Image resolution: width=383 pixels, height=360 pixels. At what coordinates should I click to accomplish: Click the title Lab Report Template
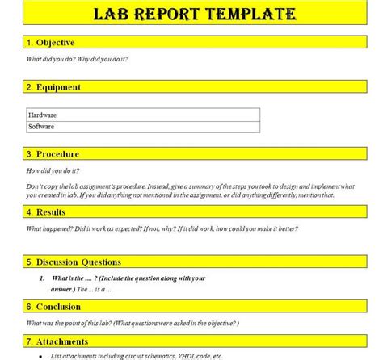tap(193, 14)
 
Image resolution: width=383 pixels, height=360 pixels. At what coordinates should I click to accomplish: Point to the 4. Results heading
tap(46, 212)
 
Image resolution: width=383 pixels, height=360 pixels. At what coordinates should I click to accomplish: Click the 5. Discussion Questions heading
tap(74, 262)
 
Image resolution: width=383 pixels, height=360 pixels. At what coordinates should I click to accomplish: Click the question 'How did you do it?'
tap(53, 171)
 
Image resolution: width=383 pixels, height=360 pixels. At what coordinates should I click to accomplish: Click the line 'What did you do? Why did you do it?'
tap(78, 59)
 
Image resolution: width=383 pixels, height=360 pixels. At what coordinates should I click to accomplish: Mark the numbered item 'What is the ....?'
tap(122, 278)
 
